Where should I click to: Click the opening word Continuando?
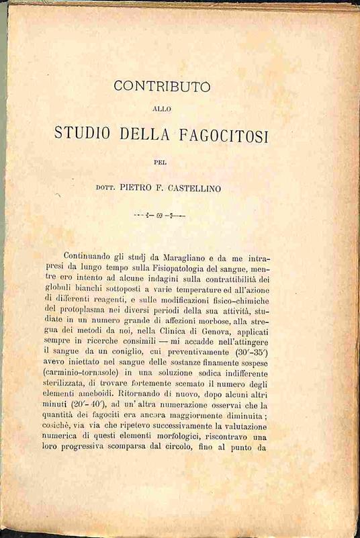pos(93,257)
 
